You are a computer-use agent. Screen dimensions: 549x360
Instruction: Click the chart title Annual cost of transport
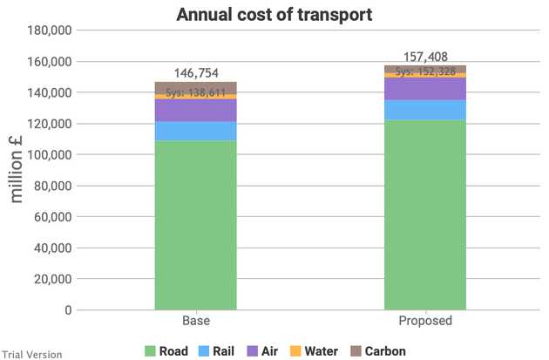[x=274, y=15]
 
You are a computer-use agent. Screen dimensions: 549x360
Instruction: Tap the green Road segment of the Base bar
[x=196, y=226]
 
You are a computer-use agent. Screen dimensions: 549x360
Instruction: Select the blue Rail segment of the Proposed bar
[x=425, y=111]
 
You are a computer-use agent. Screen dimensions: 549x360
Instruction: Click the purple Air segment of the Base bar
[x=196, y=111]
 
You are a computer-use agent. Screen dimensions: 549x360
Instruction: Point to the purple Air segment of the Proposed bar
[x=425, y=89]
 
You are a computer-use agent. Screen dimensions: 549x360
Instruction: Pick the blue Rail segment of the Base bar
[x=196, y=132]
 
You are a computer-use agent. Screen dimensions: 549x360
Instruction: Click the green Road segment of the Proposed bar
[x=425, y=215]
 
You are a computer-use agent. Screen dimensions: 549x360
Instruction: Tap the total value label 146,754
[x=196, y=73]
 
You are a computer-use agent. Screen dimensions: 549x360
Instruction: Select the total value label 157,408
[x=425, y=57]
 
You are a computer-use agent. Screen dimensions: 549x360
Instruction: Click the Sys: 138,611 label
[x=195, y=92]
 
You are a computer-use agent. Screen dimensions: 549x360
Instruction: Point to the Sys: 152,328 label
[x=425, y=71]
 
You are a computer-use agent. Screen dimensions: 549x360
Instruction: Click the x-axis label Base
[x=196, y=321]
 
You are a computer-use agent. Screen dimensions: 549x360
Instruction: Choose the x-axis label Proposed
[x=425, y=321]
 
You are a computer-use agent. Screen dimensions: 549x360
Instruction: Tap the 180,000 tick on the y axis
[x=50, y=31]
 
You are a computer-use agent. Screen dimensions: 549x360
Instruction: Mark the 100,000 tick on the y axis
[x=50, y=155]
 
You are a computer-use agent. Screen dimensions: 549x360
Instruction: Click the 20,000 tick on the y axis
[x=53, y=279]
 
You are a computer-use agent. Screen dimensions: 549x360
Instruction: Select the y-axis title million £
[x=16, y=169]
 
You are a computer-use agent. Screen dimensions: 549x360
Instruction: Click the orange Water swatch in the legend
[x=295, y=351]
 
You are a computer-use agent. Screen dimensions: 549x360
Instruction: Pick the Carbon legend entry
[x=378, y=351]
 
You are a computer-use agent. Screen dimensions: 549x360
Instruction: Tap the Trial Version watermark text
[x=32, y=355]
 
